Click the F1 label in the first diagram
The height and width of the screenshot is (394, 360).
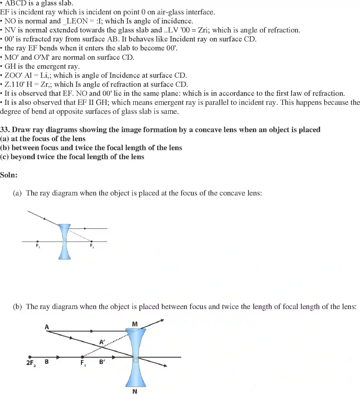[x=38, y=246]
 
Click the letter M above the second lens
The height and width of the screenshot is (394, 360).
[x=135, y=324]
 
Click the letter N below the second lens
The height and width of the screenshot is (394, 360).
[x=135, y=391]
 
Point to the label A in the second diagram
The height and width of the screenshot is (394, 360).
[x=47, y=327]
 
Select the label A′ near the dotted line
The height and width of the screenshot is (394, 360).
[x=102, y=342]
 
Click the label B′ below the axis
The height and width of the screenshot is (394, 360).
[x=102, y=362]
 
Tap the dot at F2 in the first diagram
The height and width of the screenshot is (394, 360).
[x=91, y=242]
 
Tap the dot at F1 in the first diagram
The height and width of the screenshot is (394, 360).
[x=38, y=242]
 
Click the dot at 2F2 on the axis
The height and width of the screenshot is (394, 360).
[x=30, y=357]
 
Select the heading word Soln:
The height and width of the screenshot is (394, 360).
[x=9, y=175]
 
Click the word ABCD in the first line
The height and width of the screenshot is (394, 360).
[x=16, y=3]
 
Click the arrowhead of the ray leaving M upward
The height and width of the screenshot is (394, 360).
[x=162, y=320]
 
